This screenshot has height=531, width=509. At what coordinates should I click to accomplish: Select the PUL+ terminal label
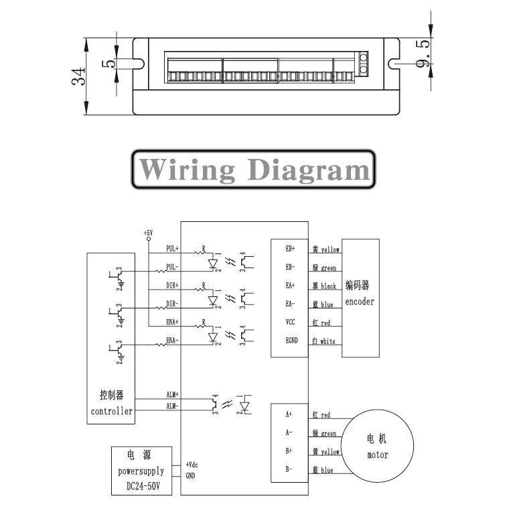point(172,248)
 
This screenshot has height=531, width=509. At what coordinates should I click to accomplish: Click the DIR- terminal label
point(172,304)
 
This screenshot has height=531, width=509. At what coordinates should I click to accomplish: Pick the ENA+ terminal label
point(172,322)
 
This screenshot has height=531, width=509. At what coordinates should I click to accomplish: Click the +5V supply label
point(148,233)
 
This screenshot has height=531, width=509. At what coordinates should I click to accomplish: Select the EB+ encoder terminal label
point(291,249)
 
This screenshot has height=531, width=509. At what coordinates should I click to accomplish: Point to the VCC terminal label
point(291,322)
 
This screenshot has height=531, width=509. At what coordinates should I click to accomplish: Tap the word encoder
point(360,302)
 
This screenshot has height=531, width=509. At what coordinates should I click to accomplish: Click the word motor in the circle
point(377,455)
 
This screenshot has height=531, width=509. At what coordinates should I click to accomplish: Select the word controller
point(111,411)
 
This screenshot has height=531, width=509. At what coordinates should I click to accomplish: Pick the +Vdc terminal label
point(191,465)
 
